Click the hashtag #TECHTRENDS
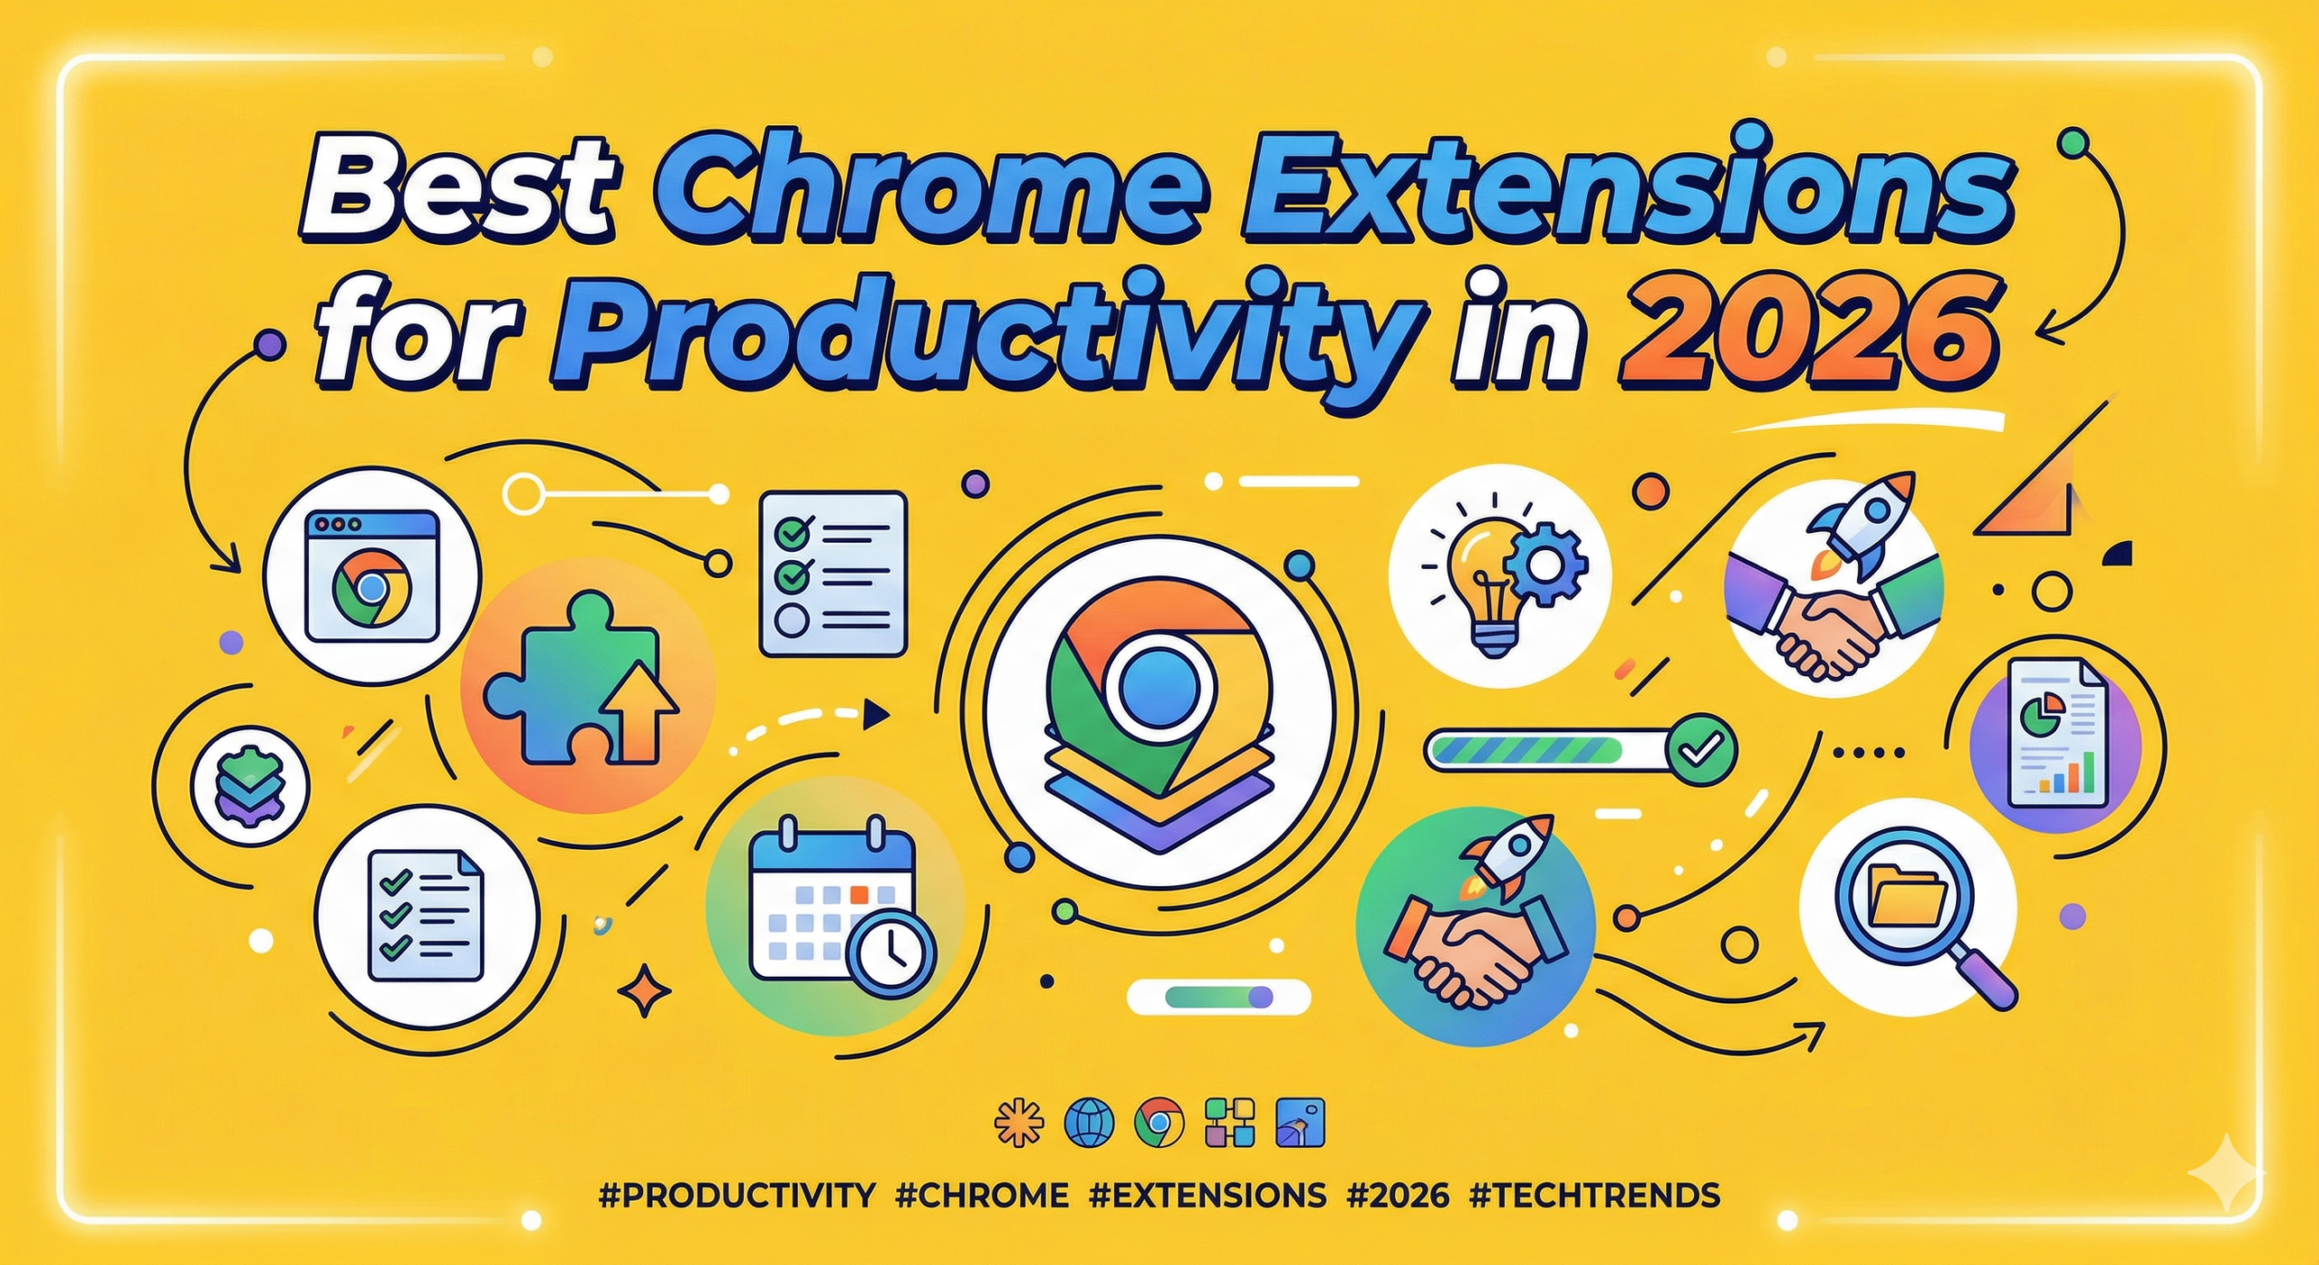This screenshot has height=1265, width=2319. click(x=1594, y=1195)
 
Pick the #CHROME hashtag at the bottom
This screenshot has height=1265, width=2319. click(x=981, y=1195)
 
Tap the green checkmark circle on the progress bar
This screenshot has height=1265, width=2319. click(x=1701, y=748)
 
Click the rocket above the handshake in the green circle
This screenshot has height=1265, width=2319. click(x=1504, y=856)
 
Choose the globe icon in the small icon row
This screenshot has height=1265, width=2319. click(x=1088, y=1124)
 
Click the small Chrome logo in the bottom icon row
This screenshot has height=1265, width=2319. click(x=1159, y=1124)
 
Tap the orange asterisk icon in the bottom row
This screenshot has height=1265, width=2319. click(x=1018, y=1124)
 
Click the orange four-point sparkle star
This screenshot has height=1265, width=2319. click(x=645, y=992)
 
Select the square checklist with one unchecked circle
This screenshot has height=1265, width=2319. click(x=832, y=574)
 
